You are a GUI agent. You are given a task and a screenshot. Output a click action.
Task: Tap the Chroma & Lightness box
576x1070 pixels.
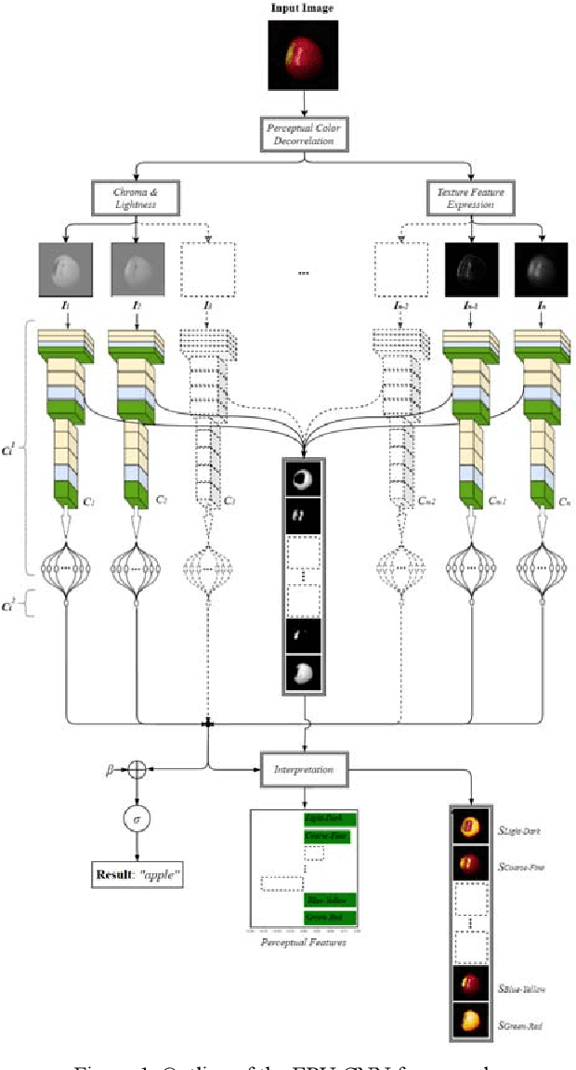[134, 197]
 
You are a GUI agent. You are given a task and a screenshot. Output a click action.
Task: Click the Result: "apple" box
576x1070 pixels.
[137, 874]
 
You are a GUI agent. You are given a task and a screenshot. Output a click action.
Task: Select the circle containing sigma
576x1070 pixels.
[137, 820]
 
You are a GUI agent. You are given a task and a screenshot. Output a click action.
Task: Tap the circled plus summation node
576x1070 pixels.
[137, 770]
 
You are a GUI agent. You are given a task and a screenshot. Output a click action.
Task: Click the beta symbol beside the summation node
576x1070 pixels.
[111, 770]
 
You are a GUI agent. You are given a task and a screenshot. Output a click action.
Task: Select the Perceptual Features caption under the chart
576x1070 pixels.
[304, 942]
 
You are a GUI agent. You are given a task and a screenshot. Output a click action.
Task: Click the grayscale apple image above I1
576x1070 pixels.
[64, 270]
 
